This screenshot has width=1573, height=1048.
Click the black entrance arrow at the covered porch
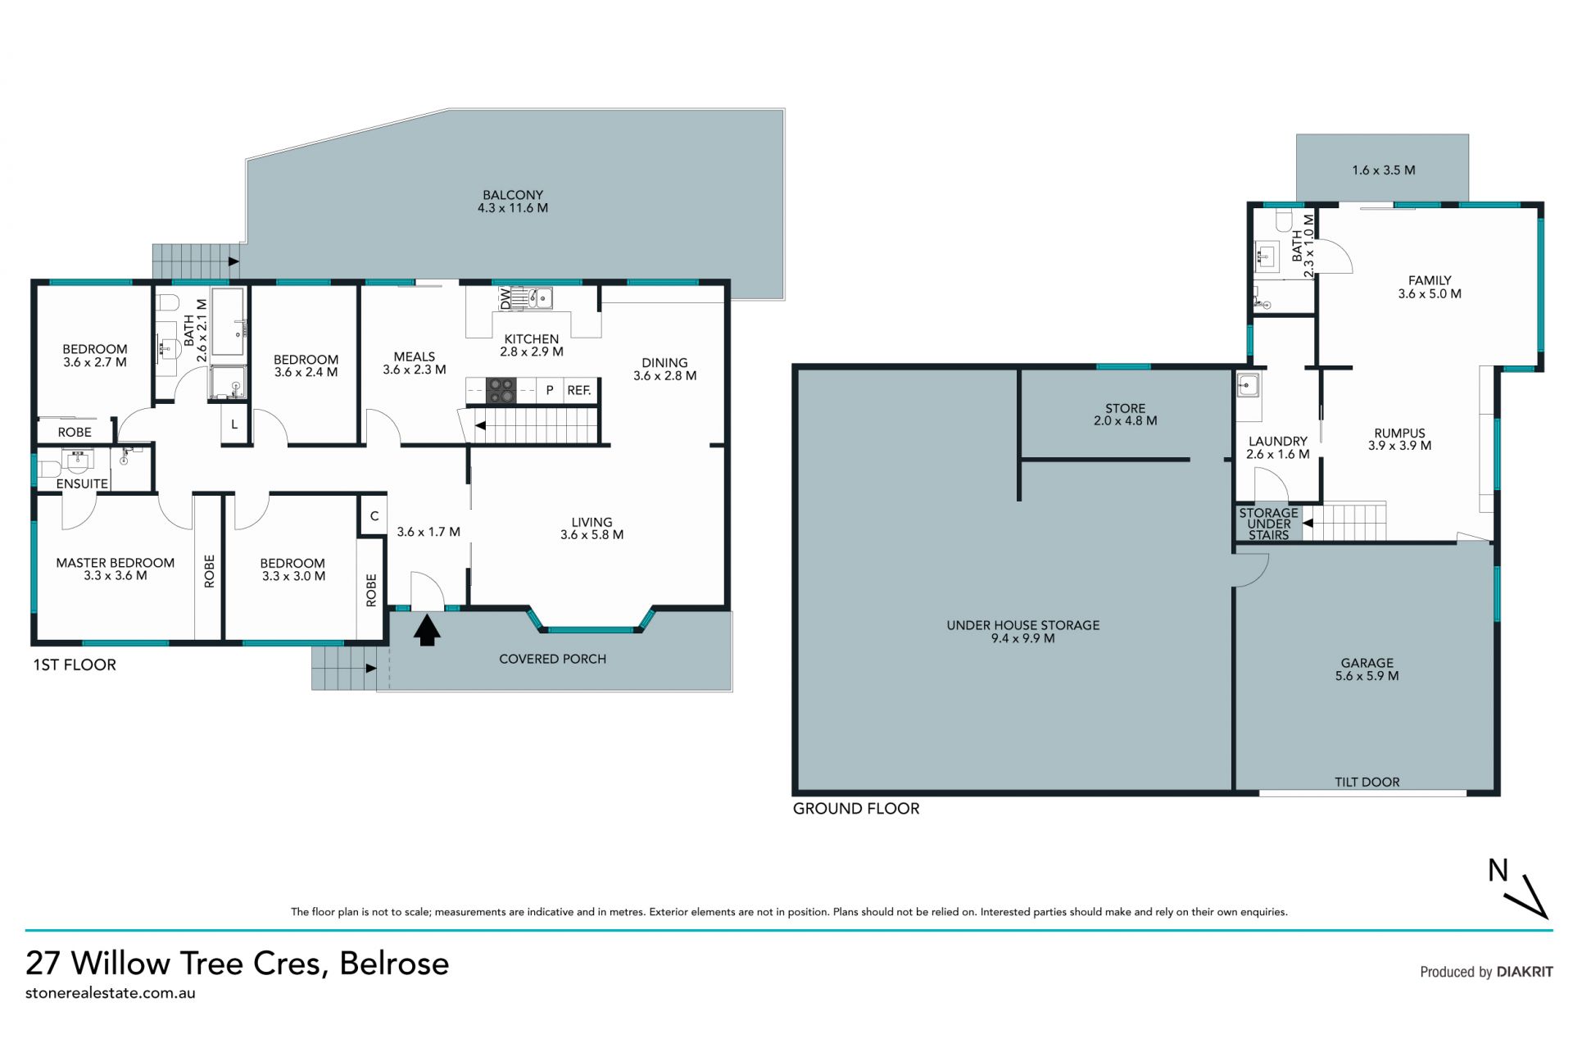(x=427, y=630)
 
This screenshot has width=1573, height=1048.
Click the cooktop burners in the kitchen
(x=501, y=390)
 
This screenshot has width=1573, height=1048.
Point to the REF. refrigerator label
(x=579, y=391)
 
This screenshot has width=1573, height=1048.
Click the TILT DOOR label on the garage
(x=1367, y=782)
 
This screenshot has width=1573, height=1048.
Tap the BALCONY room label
(x=513, y=195)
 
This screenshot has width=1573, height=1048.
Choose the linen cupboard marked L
(x=234, y=425)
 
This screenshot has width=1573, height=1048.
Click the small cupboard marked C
(x=374, y=516)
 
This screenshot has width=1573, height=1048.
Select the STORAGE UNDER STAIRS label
(x=1268, y=524)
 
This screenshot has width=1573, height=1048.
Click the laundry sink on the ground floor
(x=1248, y=385)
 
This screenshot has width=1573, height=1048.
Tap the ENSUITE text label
(x=82, y=484)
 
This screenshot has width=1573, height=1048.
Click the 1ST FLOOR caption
(x=75, y=665)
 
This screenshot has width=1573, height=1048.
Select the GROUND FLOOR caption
(x=856, y=809)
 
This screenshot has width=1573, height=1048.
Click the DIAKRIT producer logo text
(x=1525, y=972)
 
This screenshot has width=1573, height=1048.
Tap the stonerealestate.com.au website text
(x=111, y=993)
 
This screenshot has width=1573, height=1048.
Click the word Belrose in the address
(x=395, y=964)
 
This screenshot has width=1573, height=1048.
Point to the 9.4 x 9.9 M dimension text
(x=1022, y=638)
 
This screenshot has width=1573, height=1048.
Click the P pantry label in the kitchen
(x=550, y=391)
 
